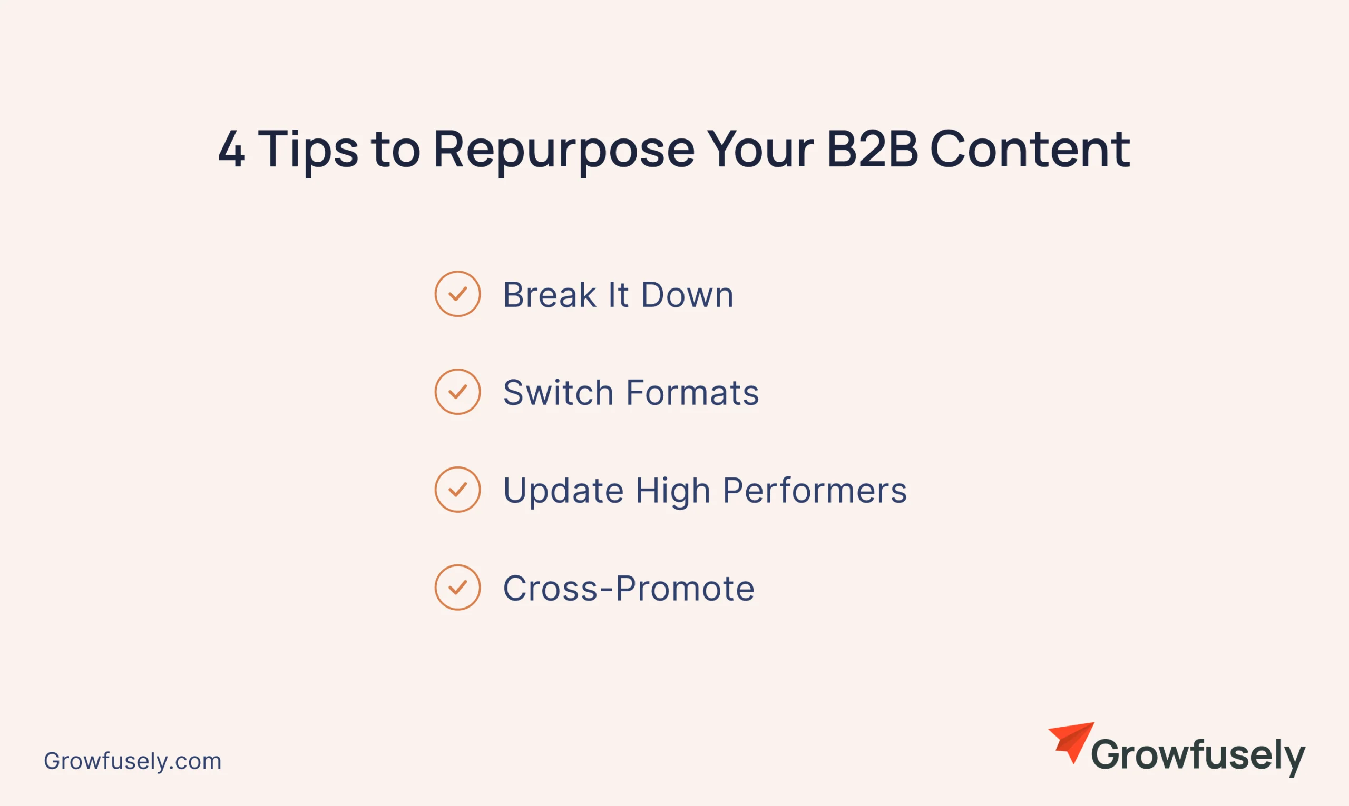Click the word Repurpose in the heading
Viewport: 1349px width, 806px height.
click(x=564, y=152)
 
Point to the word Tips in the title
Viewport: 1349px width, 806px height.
click(x=308, y=152)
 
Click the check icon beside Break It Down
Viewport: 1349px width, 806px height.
click(x=457, y=294)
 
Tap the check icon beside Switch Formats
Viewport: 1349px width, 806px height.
click(x=457, y=392)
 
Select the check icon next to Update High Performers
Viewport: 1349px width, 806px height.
click(x=457, y=490)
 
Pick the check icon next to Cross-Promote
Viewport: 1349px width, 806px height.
click(x=457, y=587)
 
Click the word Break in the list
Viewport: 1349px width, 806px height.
click(x=550, y=294)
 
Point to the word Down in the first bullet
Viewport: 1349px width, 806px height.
click(x=688, y=294)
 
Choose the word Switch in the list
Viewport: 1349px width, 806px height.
click(x=558, y=392)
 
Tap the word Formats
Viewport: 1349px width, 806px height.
click(x=692, y=392)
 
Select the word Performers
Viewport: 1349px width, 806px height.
click(x=815, y=490)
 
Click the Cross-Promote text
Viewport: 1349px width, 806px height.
click(x=629, y=588)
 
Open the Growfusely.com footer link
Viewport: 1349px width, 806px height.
click(x=133, y=761)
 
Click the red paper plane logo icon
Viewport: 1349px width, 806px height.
click(x=1071, y=742)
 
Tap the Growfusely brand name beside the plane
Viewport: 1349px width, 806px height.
click(x=1198, y=755)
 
